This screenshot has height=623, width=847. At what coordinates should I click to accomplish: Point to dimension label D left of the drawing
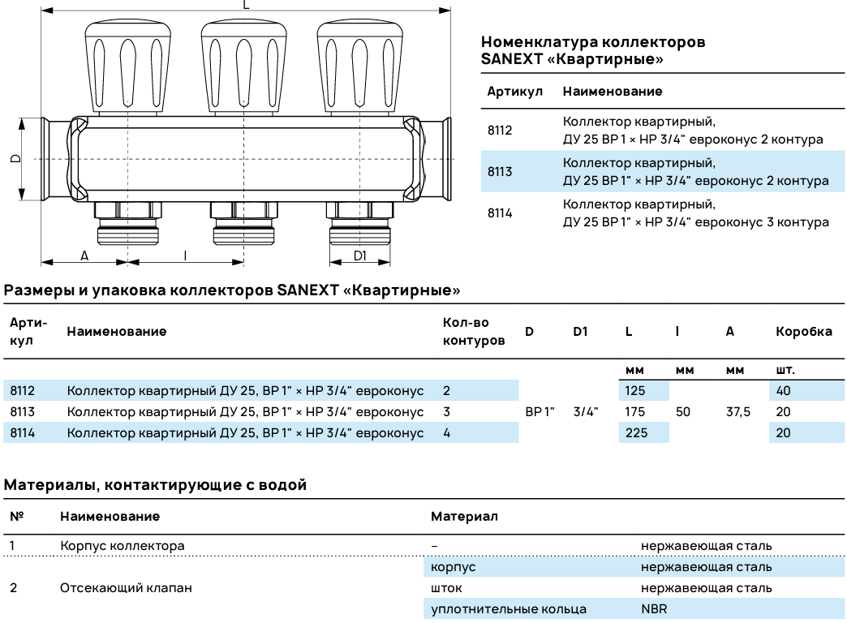15,158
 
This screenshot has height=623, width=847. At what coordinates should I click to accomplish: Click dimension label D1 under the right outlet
359,256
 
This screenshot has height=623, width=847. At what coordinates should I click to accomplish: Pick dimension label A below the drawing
84,256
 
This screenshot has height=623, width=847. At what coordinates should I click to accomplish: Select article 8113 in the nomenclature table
500,171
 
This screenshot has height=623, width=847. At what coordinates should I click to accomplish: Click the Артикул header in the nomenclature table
514,92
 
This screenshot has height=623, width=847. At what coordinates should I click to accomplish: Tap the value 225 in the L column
636,433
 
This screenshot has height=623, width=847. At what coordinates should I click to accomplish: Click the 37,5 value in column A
738,412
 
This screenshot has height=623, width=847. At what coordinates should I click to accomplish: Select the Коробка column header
803,331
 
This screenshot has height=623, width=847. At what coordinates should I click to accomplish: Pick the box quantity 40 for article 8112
783,391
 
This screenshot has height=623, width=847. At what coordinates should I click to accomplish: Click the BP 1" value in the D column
540,412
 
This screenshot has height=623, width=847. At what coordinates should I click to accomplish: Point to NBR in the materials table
653,608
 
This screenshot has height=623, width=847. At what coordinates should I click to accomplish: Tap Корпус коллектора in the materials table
122,545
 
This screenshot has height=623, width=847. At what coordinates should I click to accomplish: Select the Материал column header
464,516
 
